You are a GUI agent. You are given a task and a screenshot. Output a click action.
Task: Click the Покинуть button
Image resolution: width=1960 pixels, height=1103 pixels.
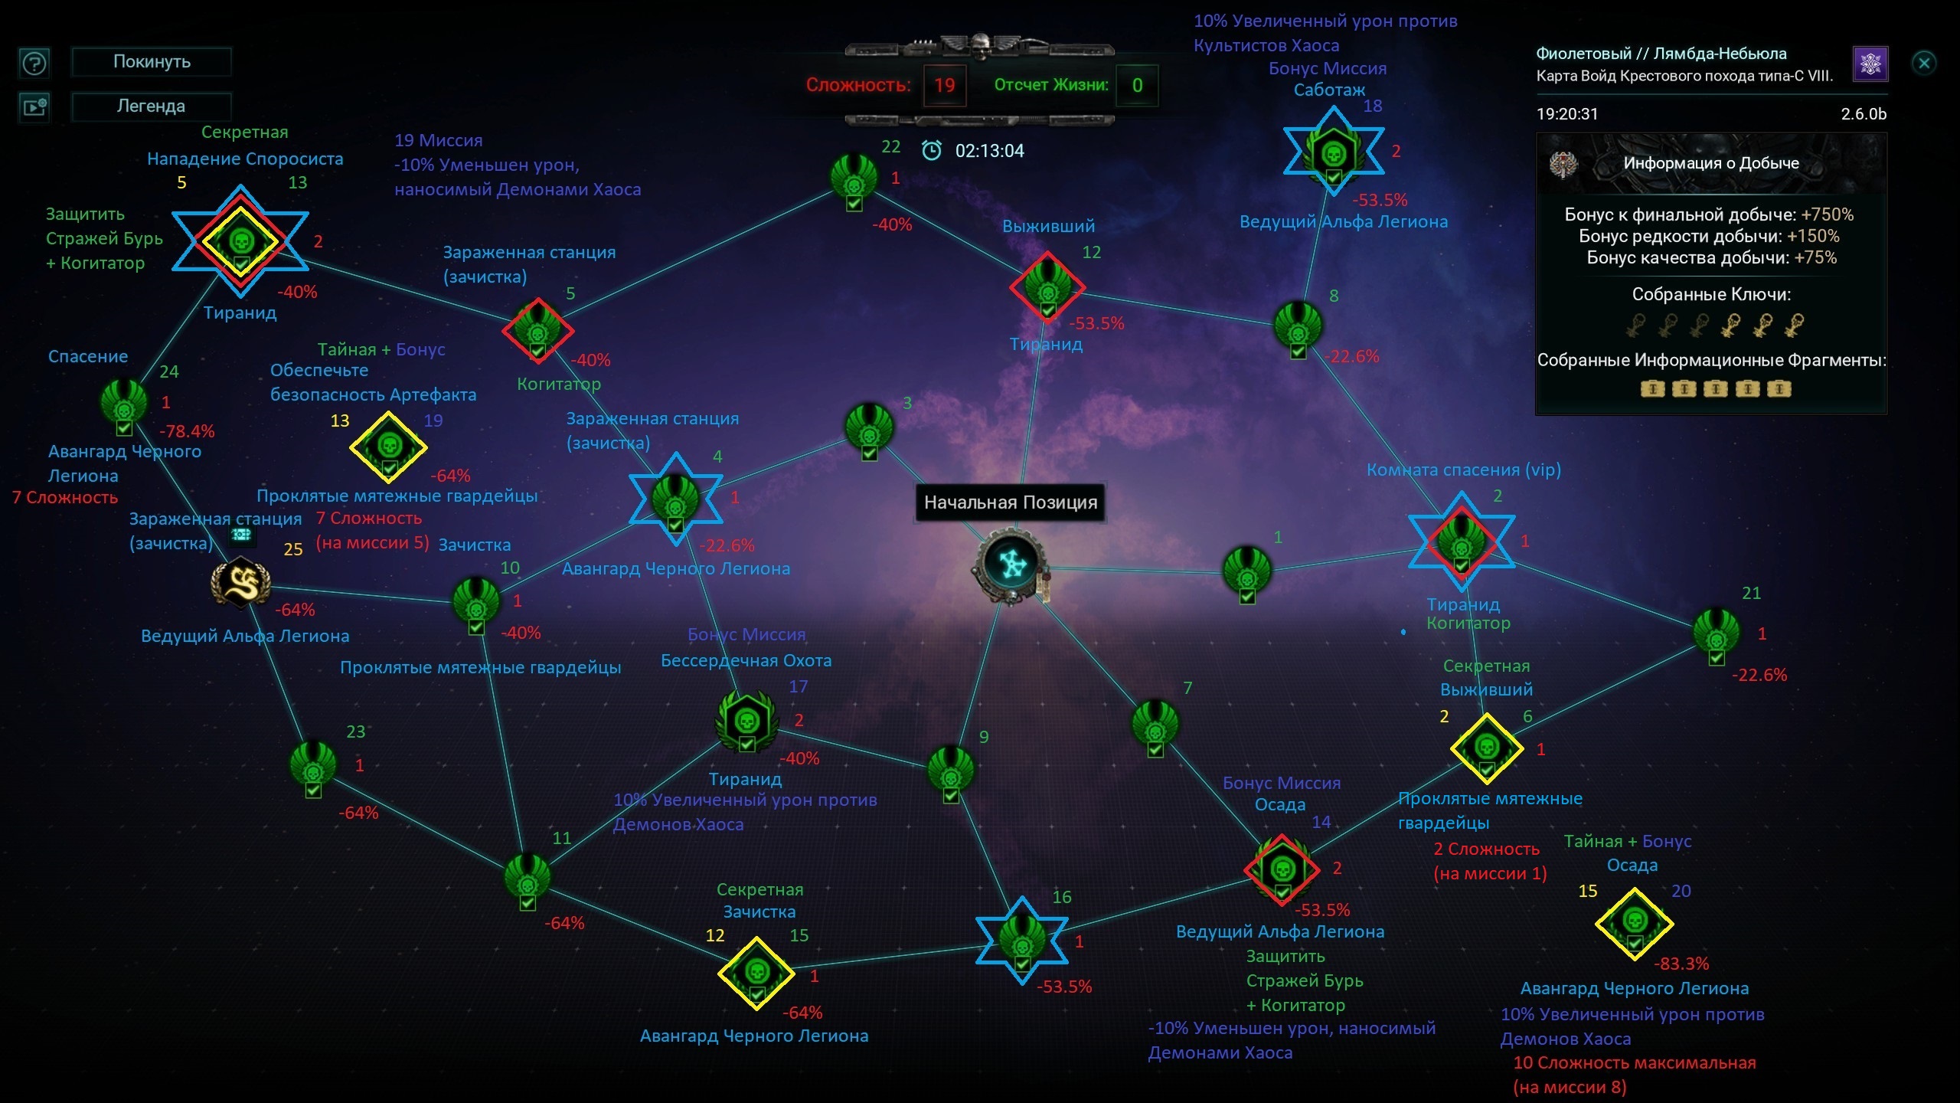[152, 61]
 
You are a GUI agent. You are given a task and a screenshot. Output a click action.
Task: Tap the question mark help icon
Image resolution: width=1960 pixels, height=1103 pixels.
[34, 63]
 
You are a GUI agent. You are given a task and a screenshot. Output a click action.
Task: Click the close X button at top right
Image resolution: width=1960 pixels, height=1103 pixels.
[1924, 63]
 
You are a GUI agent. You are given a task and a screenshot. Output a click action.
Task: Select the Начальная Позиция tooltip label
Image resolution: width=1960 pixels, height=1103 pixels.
[1011, 502]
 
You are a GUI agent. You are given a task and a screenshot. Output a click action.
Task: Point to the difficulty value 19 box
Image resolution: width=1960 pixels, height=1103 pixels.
[945, 85]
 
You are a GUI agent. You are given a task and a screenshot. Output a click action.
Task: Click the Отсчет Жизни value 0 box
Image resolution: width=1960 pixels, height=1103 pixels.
[1137, 85]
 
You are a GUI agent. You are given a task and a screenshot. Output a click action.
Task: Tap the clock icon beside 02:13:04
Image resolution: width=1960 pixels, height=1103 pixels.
[932, 150]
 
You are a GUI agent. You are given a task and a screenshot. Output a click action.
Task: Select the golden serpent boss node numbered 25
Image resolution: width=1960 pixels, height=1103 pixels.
[241, 583]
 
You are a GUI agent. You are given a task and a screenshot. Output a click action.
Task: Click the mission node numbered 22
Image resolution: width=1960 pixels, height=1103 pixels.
[854, 181]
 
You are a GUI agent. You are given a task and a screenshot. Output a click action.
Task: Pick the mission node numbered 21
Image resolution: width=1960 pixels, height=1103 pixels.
[1717, 635]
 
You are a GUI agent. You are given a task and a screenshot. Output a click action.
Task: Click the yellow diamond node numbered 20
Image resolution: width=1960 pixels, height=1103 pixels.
[1635, 924]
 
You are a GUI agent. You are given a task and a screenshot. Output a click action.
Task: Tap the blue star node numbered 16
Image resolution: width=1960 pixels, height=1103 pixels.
[1022, 941]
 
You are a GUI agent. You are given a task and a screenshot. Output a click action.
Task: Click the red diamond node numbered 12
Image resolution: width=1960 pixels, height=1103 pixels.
[1047, 287]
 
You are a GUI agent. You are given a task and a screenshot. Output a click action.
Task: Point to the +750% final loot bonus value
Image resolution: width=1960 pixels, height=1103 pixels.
[1828, 214]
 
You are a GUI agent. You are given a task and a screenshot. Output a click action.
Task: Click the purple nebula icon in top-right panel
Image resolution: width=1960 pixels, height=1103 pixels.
[1870, 64]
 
